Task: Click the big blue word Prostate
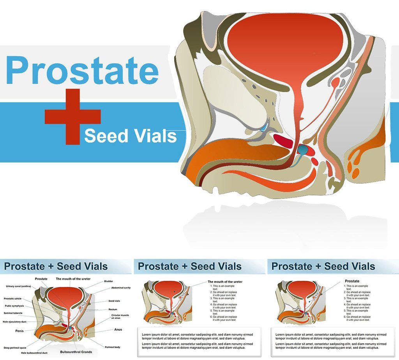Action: (82, 70)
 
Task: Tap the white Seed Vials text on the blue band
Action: (130, 136)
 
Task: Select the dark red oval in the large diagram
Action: (283, 141)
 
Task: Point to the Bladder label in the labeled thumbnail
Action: (108, 281)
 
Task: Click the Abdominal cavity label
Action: (121, 288)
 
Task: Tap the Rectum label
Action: (113, 309)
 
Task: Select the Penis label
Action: (19, 331)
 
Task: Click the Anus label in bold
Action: (118, 330)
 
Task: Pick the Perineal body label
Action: (113, 347)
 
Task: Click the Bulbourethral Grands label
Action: (76, 352)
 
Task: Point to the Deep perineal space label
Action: (15, 348)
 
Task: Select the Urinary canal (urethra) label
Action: (18, 286)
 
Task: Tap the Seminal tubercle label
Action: (13, 313)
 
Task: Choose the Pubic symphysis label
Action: (14, 306)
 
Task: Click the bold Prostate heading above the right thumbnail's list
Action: (352, 281)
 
